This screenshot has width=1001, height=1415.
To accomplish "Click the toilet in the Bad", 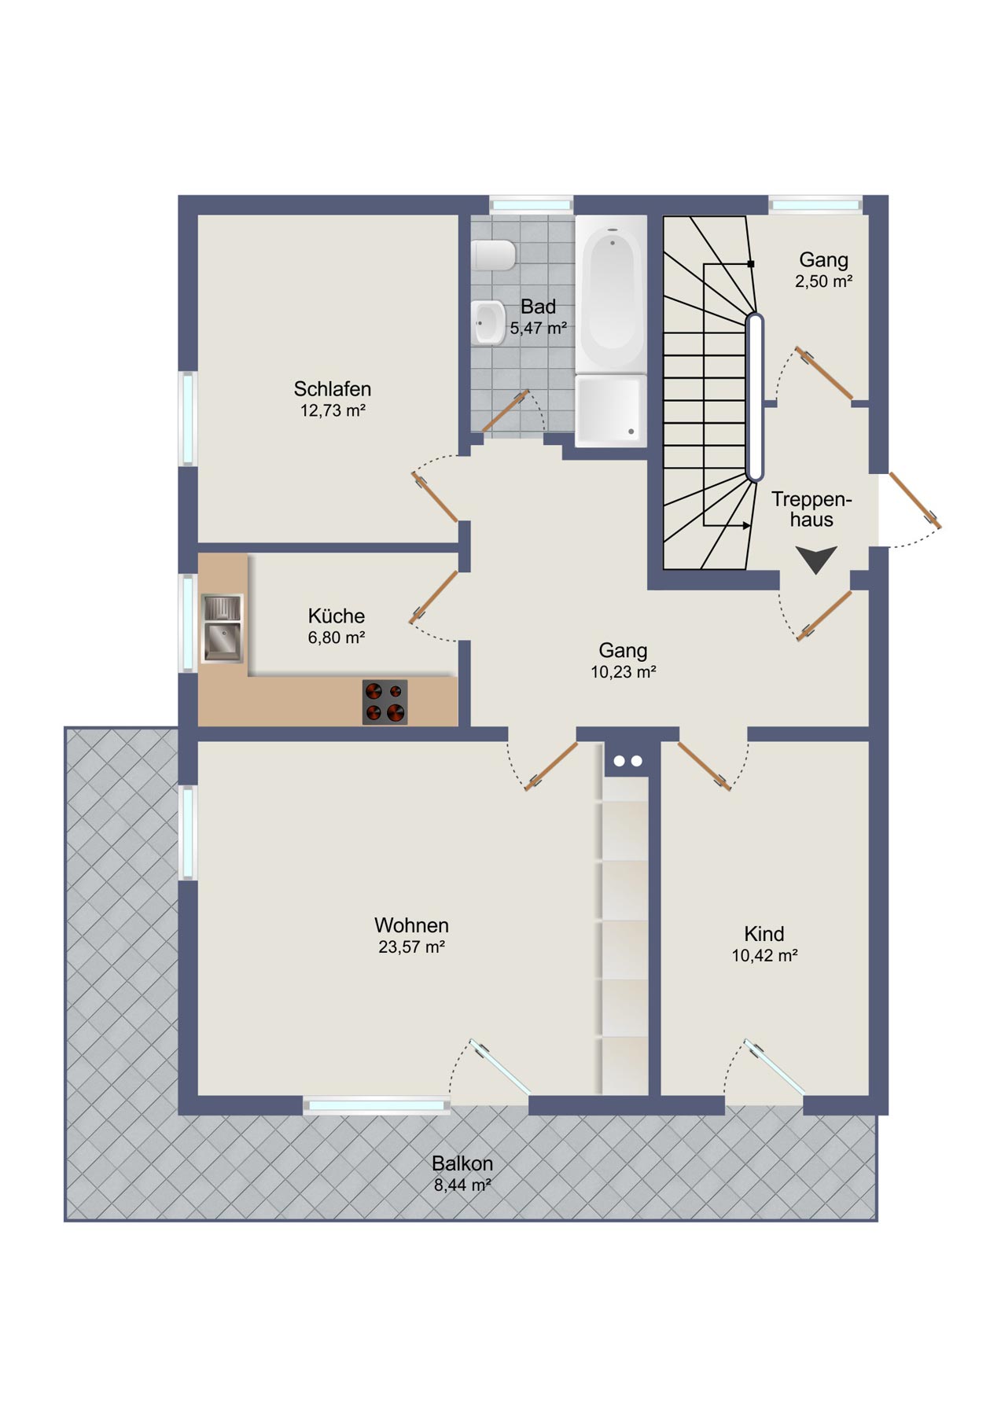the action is [x=494, y=255].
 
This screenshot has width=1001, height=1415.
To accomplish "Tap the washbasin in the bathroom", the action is [x=489, y=322].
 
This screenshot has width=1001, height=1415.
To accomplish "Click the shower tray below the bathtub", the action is [x=611, y=410].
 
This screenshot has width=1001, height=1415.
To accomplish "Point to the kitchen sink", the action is [x=223, y=628].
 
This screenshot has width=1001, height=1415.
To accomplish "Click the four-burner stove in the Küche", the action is [x=385, y=702].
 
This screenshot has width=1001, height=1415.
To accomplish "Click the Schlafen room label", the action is [x=332, y=389].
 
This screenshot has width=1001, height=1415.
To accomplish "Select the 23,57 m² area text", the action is [x=411, y=947].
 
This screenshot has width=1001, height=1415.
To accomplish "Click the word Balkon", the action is [x=462, y=1163].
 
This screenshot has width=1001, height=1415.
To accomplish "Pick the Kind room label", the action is [x=764, y=934].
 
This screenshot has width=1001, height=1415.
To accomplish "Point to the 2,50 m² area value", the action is [x=823, y=281].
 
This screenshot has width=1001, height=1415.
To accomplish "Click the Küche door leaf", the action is [x=433, y=597].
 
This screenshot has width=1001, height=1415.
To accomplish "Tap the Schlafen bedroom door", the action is [x=435, y=497].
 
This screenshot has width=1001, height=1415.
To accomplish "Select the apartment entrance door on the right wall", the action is [x=915, y=500].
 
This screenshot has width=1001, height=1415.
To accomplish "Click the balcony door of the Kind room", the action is [x=775, y=1067].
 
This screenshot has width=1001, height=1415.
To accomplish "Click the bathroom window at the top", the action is [x=531, y=205].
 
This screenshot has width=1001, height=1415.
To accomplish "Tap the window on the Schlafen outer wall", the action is [x=189, y=418].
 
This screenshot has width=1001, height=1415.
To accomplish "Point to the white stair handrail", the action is [x=754, y=398].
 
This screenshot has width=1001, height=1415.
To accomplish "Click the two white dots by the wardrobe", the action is [x=627, y=761].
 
